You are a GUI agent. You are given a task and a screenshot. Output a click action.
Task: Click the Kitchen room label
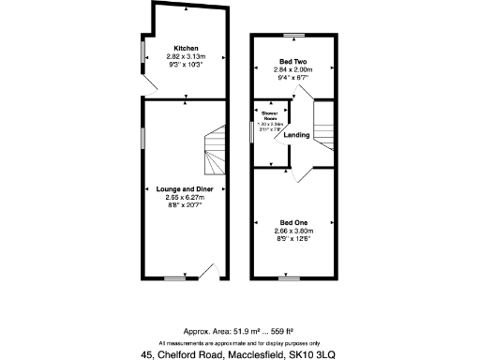click(185, 48)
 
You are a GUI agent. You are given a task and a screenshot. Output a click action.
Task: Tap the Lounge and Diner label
click(185, 189)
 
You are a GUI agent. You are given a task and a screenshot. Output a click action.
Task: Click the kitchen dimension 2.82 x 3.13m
click(185, 56)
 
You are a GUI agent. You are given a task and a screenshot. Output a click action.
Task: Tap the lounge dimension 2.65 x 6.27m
click(185, 197)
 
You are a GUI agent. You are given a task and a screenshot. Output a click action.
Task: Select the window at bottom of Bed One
click(290, 278)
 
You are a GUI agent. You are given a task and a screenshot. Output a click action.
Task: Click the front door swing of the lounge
click(212, 272)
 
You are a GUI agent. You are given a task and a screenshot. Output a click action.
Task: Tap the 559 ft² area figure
click(285, 331)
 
